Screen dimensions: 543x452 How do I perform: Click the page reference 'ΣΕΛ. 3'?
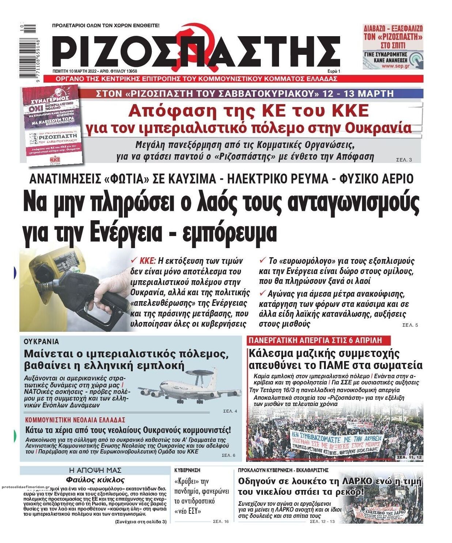(404, 160)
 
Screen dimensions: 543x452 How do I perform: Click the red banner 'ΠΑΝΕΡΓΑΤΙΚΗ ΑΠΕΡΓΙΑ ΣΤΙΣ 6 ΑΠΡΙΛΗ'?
(315, 340)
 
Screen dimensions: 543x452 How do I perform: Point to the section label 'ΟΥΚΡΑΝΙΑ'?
(41, 342)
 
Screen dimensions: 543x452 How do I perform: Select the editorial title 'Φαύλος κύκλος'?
(95, 480)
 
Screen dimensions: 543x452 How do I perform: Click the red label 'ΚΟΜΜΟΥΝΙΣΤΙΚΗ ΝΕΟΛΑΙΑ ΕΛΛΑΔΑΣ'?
(75, 420)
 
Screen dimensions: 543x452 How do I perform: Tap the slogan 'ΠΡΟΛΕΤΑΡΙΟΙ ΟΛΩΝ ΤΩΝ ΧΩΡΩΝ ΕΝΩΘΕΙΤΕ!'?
(106, 26)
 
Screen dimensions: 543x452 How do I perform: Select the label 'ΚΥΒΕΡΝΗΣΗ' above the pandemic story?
(187, 470)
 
